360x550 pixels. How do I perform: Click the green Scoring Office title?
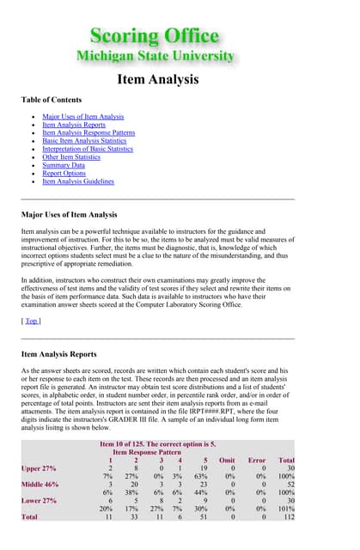[x=155, y=35]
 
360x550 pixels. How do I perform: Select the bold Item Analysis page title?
[x=158, y=80]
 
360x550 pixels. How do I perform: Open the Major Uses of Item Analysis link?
[x=82, y=116]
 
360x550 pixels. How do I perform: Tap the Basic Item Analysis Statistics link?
[x=86, y=141]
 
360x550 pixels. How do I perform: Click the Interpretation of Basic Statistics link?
[x=88, y=149]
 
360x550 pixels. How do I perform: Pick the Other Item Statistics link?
[x=71, y=157]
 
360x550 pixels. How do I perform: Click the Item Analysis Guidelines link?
[x=77, y=181]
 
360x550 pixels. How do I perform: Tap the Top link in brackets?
[x=31, y=296]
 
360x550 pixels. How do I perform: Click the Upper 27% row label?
[x=39, y=467]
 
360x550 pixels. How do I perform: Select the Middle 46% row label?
[x=40, y=485]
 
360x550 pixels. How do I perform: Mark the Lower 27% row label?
[x=39, y=501]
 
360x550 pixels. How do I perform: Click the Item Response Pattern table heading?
[x=147, y=451]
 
